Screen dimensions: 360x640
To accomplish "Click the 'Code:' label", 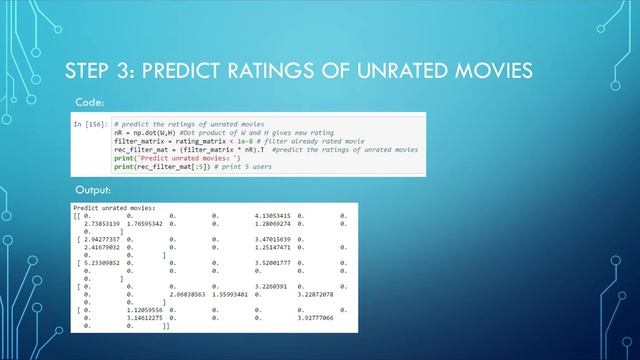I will tap(89, 102).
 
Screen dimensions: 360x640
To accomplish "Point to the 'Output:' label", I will tap(93, 190).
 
